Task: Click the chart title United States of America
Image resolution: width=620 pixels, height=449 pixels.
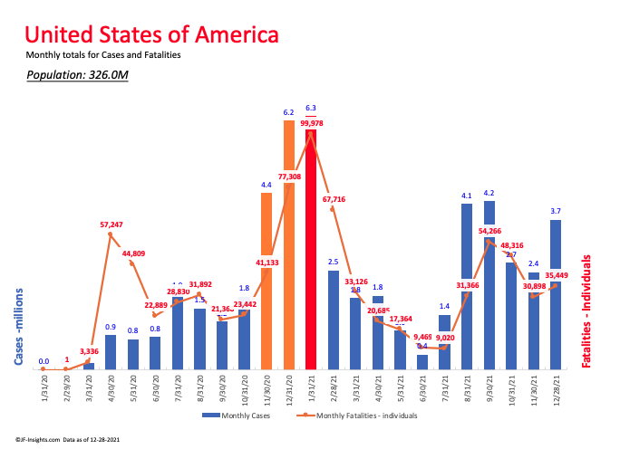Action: pyautogui.click(x=151, y=35)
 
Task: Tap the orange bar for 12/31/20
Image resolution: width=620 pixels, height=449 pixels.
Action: pyautogui.click(x=289, y=244)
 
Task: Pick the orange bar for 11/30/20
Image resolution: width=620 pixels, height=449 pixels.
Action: pyautogui.click(x=266, y=281)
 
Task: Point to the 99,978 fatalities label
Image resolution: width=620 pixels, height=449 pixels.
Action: pyautogui.click(x=312, y=124)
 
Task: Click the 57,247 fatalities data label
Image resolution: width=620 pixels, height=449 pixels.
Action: pyautogui.click(x=111, y=223)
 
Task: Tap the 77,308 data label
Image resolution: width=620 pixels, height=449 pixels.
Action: pyautogui.click(x=289, y=177)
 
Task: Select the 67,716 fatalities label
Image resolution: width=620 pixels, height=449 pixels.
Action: pyautogui.click(x=334, y=199)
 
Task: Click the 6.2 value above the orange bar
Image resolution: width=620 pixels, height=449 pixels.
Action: pyautogui.click(x=288, y=113)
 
